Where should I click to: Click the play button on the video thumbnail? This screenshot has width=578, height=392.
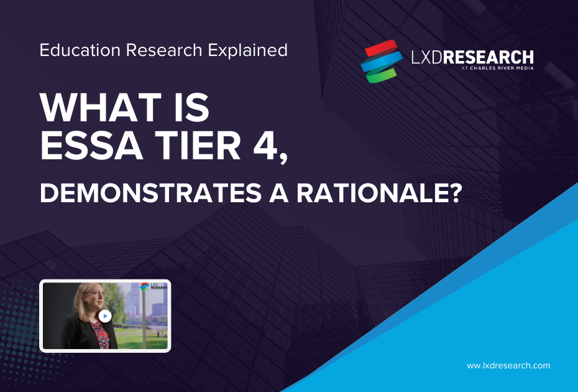tap(105, 316)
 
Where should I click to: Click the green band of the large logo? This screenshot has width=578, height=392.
tap(380, 75)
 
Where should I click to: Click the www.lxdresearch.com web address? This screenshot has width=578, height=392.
tap(508, 365)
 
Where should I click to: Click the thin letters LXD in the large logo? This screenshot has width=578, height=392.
tap(427, 58)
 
